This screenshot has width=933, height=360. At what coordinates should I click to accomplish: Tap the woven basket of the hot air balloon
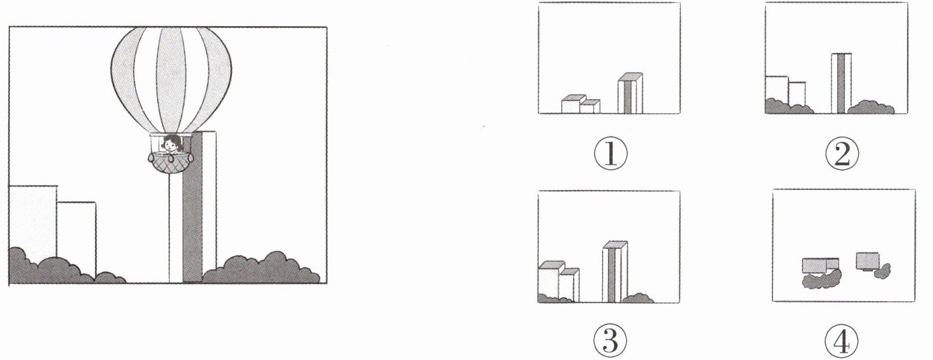171,163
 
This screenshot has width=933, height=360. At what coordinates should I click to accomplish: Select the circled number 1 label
610,154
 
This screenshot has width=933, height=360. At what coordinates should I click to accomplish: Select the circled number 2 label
842,154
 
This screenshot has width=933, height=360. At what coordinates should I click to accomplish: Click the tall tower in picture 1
630,93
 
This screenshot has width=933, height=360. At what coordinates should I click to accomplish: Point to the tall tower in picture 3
615,272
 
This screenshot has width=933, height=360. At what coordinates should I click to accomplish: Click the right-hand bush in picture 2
871,107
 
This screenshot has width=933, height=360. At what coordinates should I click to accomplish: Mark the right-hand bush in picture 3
637,298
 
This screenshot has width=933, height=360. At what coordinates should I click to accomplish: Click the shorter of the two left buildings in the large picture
77,240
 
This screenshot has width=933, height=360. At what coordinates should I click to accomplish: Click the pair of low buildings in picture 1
581,104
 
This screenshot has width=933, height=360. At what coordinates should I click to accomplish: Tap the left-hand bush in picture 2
789,106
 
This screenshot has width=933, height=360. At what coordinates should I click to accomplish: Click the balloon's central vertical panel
171,79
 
